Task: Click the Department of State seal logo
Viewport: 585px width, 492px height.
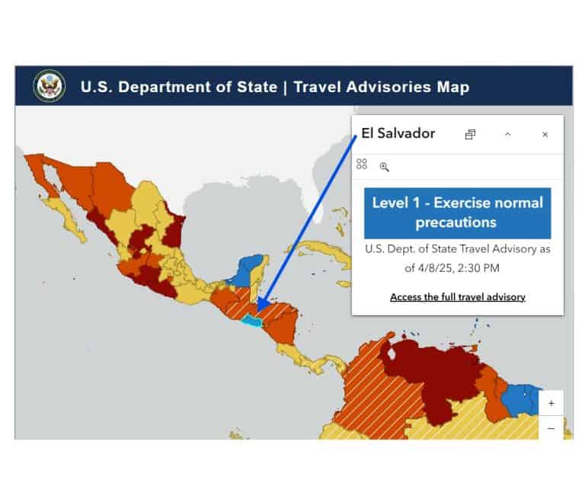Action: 49,86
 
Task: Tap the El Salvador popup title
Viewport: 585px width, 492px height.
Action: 398,134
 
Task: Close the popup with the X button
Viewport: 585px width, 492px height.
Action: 545,135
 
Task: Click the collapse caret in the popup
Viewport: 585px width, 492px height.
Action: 508,135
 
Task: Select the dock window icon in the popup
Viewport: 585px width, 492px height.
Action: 470,135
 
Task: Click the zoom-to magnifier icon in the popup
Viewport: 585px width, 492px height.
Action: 384,167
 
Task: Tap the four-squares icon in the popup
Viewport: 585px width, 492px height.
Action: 362,165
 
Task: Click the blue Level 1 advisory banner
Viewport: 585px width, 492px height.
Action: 457,212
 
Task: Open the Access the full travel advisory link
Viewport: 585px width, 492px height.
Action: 457,297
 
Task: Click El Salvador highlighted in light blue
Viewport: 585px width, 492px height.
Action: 253,322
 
